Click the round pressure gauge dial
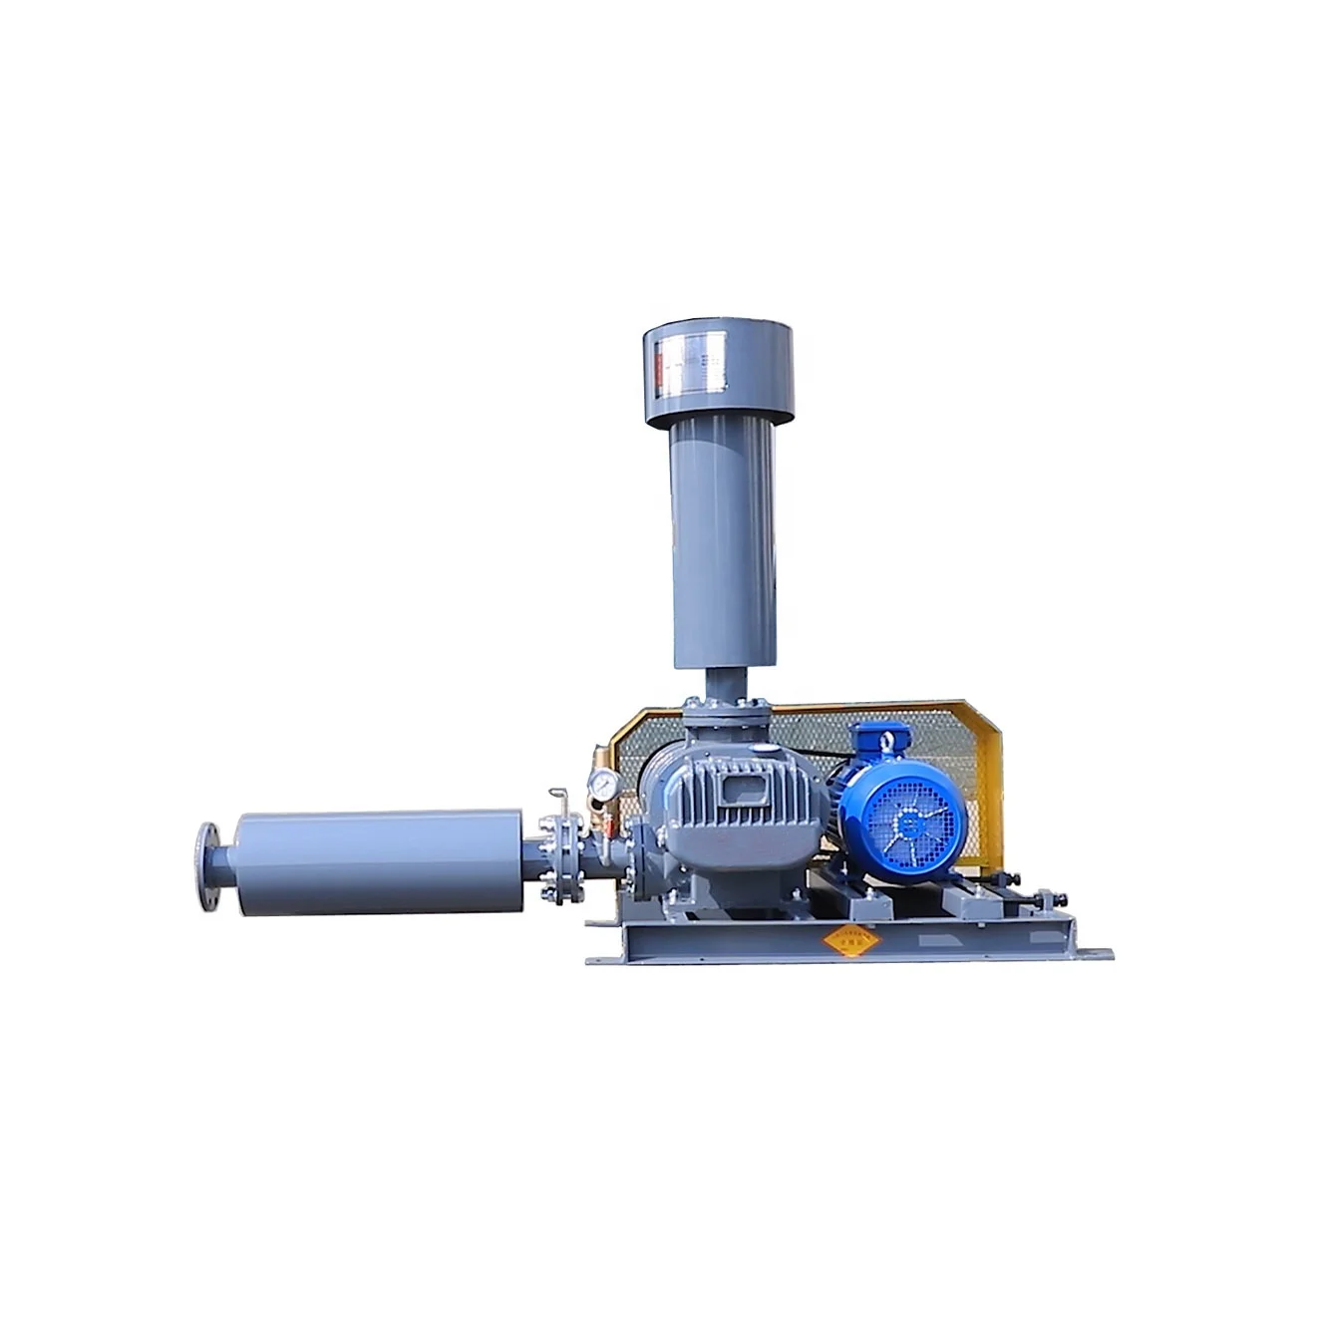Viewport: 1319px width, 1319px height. [x=601, y=785]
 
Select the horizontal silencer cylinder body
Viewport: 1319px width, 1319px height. [x=379, y=862]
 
